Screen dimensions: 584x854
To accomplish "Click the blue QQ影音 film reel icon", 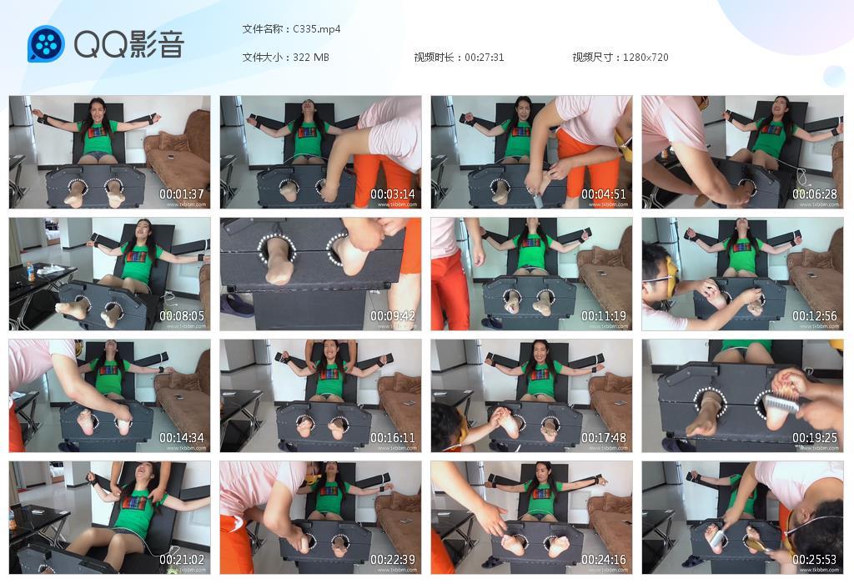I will click(x=46, y=44).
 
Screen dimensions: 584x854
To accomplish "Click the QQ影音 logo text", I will click(x=128, y=44).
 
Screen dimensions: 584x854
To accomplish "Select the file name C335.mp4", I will click(x=317, y=29).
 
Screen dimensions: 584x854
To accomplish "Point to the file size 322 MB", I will click(x=311, y=58).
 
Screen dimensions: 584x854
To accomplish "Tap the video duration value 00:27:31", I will click(x=485, y=58).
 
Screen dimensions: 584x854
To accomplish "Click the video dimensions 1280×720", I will click(x=646, y=58).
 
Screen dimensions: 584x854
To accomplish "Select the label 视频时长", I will click(x=435, y=58).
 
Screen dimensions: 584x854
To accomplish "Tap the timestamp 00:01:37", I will click(x=182, y=194).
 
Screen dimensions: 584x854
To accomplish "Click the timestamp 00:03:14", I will click(x=393, y=194).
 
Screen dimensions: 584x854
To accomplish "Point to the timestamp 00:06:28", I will click(x=815, y=194).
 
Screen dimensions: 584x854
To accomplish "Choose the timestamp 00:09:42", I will click(x=393, y=316).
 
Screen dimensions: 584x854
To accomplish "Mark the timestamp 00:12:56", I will click(x=815, y=316).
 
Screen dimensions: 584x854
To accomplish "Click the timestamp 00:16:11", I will click(x=393, y=438).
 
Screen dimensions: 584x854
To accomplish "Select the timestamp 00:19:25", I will click(x=815, y=438).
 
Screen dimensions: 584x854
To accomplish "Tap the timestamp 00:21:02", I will click(x=182, y=560).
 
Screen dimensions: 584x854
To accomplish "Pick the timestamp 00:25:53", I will click(x=815, y=560).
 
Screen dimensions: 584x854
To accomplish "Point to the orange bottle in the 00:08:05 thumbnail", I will click(x=30, y=272).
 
